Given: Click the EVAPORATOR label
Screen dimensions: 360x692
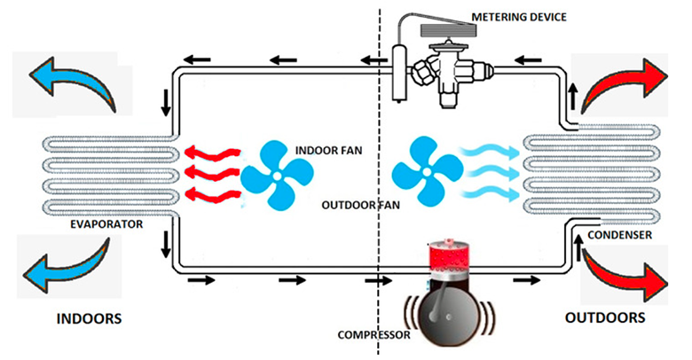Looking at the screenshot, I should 106,225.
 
